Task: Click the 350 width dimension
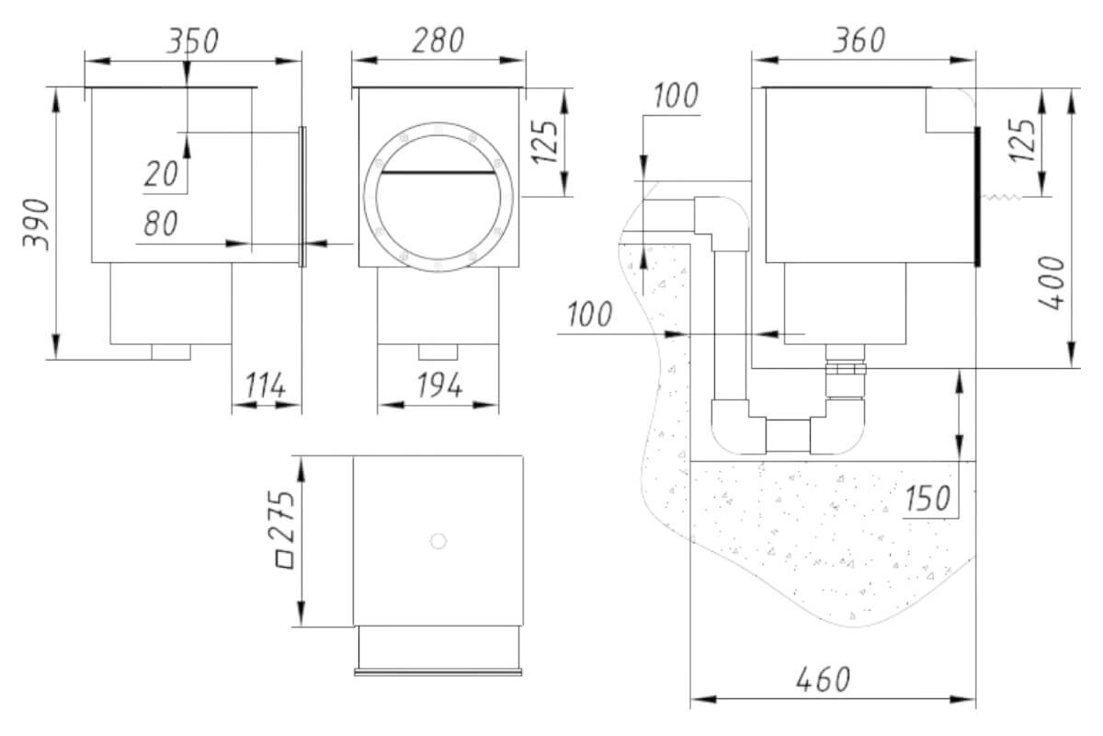(x=193, y=40)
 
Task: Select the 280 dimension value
(x=438, y=40)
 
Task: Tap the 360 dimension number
(x=859, y=40)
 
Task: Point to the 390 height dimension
(x=37, y=224)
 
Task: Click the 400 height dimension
(x=1052, y=282)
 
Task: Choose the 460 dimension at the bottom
(x=823, y=679)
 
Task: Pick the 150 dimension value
(x=927, y=498)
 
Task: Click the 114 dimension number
(x=266, y=385)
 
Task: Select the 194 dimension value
(x=439, y=385)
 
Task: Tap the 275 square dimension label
(x=284, y=530)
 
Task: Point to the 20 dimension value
(x=161, y=174)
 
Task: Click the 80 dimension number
(x=161, y=223)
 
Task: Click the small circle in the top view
(x=438, y=541)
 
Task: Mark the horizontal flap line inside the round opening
(x=438, y=173)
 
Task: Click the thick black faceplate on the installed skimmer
(x=977, y=197)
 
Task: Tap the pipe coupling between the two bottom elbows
(x=788, y=436)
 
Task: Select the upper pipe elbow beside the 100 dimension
(x=722, y=223)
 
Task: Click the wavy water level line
(x=1002, y=197)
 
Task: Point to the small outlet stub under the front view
(x=438, y=352)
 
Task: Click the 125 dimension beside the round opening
(x=545, y=142)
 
